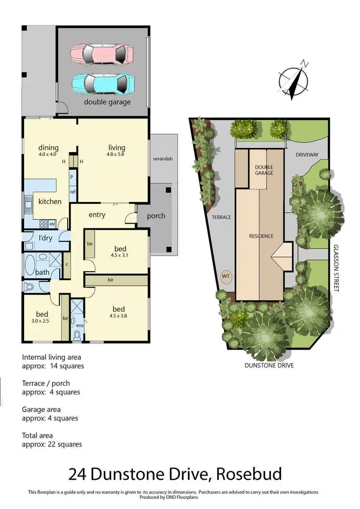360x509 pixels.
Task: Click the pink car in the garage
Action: [101, 53]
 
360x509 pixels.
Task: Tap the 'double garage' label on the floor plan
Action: [107, 102]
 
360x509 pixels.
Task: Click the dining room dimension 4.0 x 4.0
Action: [48, 154]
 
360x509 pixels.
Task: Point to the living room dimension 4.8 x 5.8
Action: [117, 154]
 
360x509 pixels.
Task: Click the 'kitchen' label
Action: [50, 201]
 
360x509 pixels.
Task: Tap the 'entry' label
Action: [97, 214]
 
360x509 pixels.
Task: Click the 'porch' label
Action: [156, 216]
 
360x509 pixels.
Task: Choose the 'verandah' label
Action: [162, 159]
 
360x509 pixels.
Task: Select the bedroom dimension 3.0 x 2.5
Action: [39, 321]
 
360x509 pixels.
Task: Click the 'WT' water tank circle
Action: [226, 276]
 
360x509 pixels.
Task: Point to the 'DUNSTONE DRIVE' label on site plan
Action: [269, 365]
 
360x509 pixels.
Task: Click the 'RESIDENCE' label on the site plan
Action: [261, 236]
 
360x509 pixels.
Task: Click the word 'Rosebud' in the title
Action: [250, 474]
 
